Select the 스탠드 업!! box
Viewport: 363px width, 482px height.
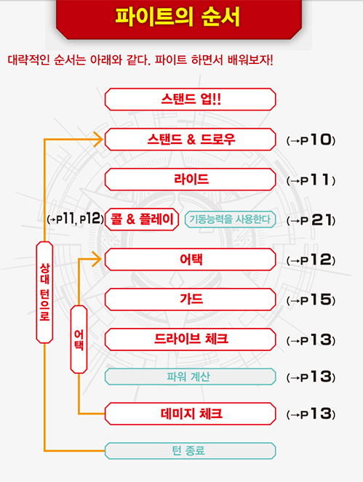190,100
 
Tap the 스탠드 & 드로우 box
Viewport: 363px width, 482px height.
190,140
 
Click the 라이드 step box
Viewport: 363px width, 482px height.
190,180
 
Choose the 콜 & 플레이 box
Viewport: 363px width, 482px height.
142,220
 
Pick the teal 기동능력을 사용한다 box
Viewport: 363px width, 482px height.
230,220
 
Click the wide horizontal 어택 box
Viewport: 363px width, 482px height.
190,260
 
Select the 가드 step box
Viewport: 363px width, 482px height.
190,299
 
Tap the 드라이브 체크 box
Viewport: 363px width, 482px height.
190,340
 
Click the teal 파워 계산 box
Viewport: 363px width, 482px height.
190,377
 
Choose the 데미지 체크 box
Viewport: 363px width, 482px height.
190,414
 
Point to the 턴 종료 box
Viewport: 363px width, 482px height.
190,451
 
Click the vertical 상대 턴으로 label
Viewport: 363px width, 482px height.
44,292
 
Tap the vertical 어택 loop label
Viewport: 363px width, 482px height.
79,340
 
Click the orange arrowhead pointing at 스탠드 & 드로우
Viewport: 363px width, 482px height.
98,140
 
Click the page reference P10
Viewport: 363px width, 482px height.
311,140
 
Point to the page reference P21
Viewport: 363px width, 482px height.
311,220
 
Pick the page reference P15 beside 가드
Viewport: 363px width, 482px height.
311,300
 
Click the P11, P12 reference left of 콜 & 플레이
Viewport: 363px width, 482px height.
75,219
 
